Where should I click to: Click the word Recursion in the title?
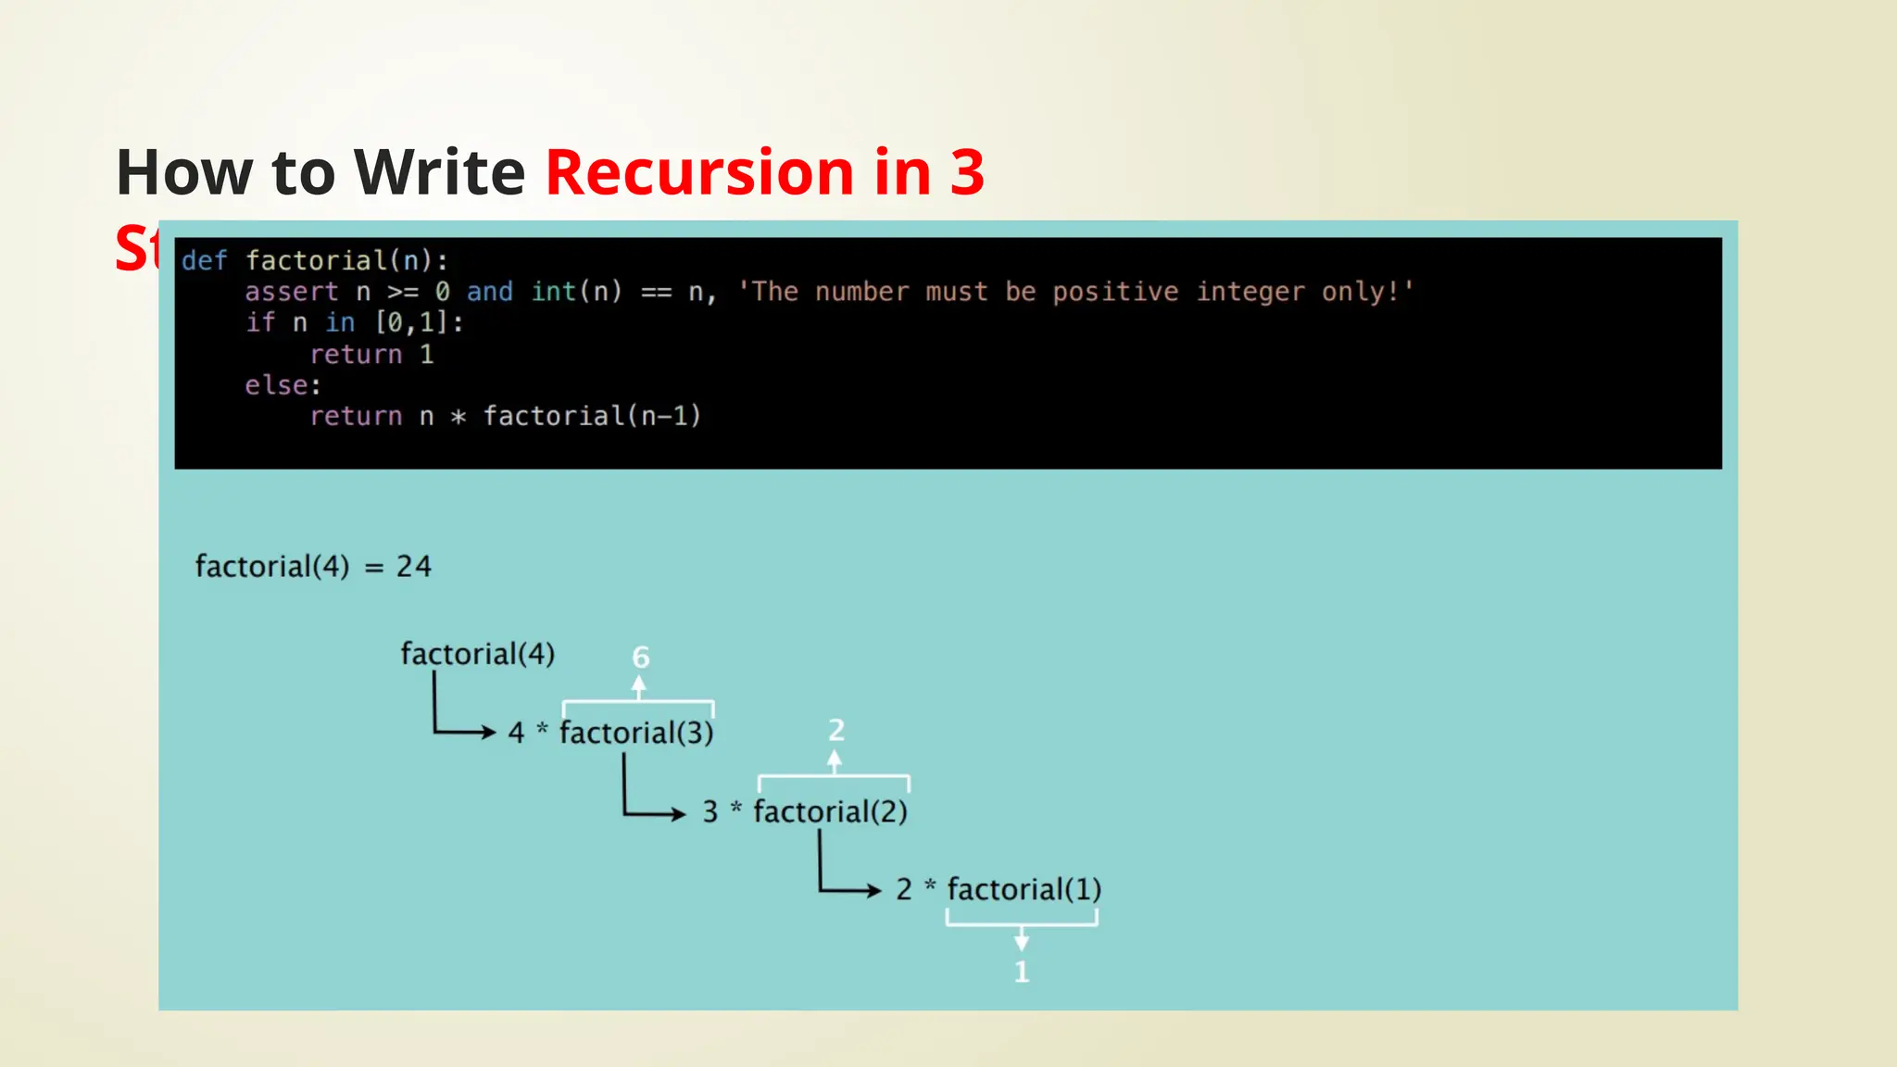coord(700,173)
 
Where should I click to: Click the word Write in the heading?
coord(440,173)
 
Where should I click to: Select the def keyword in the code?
coord(204,260)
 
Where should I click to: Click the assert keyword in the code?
coord(292,292)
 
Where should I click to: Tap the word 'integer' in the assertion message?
coord(1249,292)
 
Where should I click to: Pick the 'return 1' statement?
coord(371,354)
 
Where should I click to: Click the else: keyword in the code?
coord(283,385)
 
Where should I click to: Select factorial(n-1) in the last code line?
coord(592,416)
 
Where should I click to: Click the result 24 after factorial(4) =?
coord(414,567)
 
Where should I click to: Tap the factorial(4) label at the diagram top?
coord(477,654)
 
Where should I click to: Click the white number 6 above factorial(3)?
coord(640,658)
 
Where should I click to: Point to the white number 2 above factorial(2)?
coord(835,731)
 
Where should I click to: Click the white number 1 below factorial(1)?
coord(1021,972)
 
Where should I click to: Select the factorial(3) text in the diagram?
coord(636,733)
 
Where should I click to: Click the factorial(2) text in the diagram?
coord(830,811)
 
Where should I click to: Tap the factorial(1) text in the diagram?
coord(1024,889)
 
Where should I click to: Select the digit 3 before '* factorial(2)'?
coord(710,812)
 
